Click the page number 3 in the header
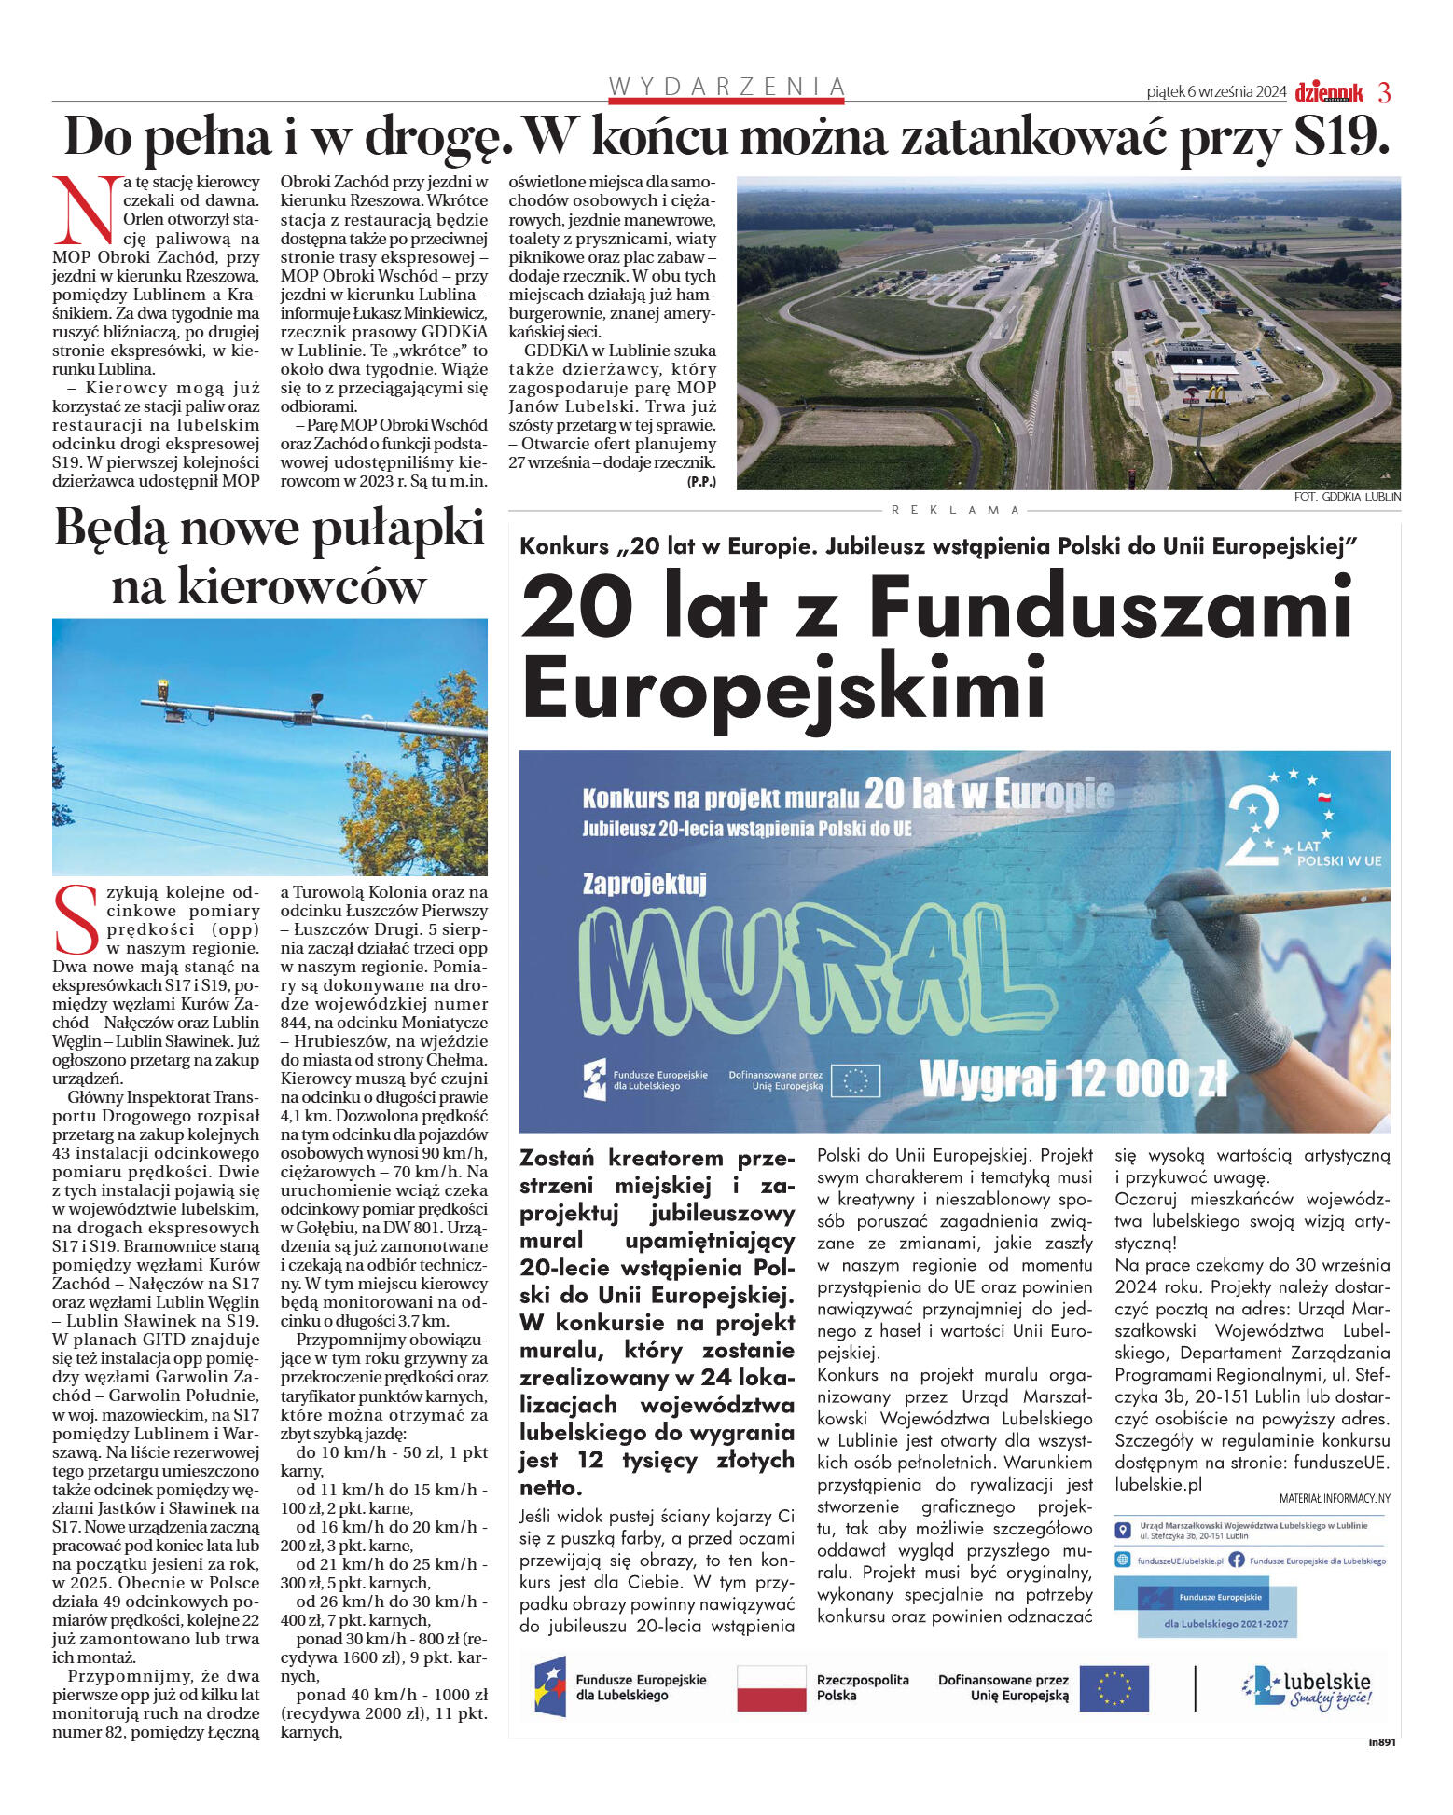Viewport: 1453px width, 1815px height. pos(1384,92)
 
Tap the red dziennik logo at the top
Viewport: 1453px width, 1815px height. pos(1328,92)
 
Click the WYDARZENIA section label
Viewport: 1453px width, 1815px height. pos(726,87)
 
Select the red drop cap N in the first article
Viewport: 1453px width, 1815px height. pos(86,210)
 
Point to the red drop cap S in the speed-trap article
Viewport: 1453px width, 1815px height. pos(76,919)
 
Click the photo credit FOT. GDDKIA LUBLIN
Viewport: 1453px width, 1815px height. pos(1347,497)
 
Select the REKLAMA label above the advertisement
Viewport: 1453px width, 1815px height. pos(956,510)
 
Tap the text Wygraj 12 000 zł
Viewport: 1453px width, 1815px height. pos(1072,1079)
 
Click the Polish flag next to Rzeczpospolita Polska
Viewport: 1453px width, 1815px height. pos(770,1687)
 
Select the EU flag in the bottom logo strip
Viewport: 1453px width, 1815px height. pos(1114,1687)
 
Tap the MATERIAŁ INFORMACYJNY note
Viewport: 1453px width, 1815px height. pos(1334,1498)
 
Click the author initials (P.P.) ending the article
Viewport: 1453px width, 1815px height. pos(701,481)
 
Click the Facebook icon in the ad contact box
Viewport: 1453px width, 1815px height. pos(1236,1560)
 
